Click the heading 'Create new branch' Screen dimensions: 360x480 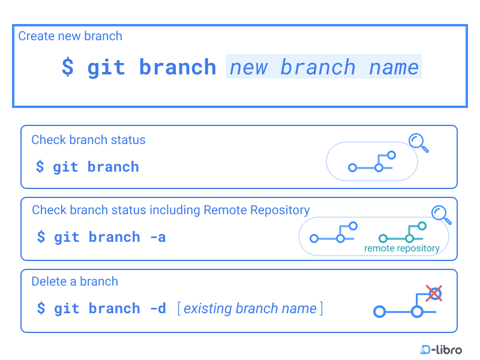click(x=70, y=36)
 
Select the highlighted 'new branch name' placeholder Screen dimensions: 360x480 click(x=323, y=67)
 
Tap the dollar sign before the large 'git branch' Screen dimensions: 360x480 click(x=68, y=67)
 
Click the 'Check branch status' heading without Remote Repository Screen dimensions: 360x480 click(x=88, y=140)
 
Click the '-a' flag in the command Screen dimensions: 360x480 click(x=158, y=237)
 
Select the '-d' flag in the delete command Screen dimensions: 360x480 click(x=158, y=308)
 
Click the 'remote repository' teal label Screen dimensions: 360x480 click(x=402, y=248)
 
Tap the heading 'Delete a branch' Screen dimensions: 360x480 click(x=74, y=281)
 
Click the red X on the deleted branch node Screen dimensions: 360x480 click(x=434, y=293)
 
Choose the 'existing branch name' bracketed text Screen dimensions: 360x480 click(x=250, y=308)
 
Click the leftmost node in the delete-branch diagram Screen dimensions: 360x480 click(x=379, y=311)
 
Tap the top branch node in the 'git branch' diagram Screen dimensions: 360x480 click(x=391, y=155)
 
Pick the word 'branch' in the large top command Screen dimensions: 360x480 click(x=178, y=67)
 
